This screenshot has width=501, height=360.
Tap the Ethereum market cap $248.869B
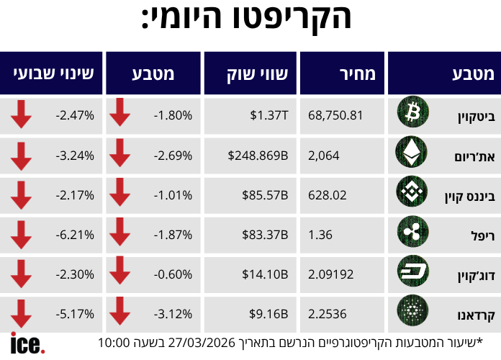click(x=258, y=154)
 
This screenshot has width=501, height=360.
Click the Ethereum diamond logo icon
click(x=412, y=153)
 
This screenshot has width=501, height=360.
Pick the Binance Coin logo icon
click(x=412, y=192)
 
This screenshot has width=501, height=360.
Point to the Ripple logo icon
click(x=412, y=232)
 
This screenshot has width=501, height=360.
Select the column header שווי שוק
click(x=252, y=73)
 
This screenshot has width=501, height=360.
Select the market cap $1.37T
click(x=269, y=114)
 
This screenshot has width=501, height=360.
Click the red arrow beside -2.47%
click(x=21, y=114)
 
